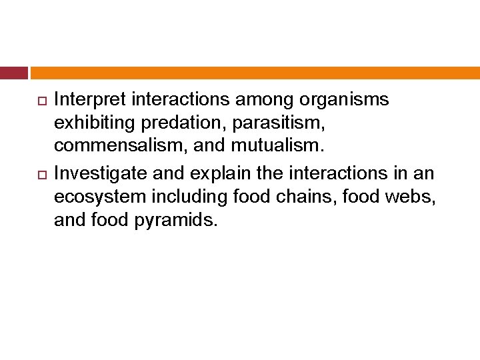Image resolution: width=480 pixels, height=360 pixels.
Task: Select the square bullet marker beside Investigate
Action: [x=39, y=175]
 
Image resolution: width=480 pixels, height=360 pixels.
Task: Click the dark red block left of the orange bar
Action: [x=13, y=73]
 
